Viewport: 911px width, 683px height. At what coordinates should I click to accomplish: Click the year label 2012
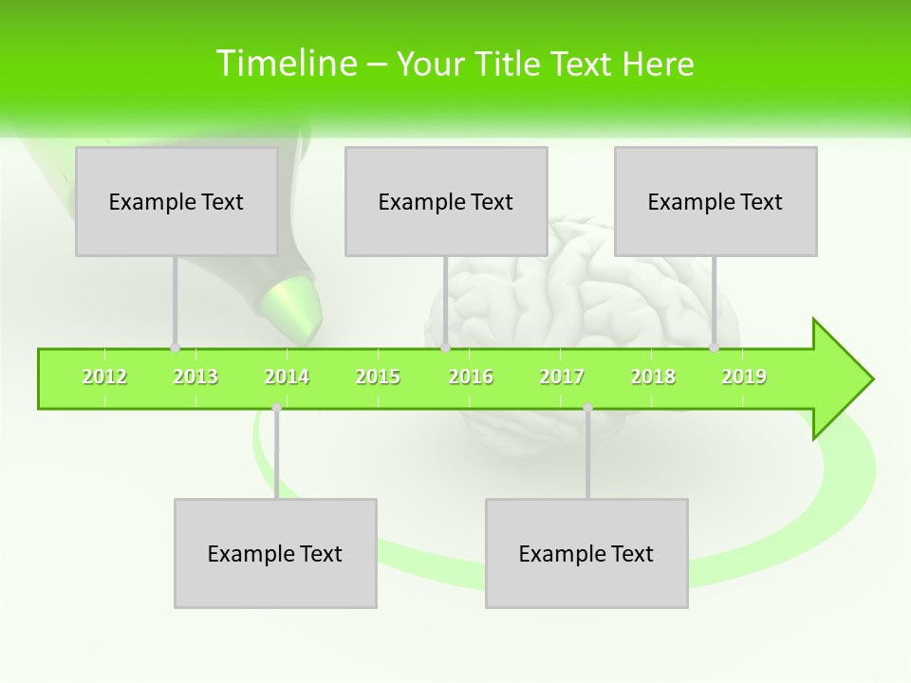104,377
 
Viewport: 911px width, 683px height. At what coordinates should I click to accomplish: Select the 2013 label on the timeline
195,377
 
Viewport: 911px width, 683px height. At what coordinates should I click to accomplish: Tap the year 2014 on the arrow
287,377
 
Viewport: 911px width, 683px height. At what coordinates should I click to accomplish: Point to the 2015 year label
378,377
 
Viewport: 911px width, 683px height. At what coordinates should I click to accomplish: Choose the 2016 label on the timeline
471,377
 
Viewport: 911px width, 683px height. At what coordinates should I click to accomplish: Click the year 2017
562,377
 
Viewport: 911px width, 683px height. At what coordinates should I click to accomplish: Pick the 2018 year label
653,377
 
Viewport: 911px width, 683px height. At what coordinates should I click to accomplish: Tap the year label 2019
744,377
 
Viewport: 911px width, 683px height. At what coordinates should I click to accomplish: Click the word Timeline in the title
285,64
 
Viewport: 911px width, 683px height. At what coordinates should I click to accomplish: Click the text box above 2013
177,201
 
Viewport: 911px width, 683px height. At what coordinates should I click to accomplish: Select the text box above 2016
446,201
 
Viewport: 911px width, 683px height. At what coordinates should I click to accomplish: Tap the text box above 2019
716,201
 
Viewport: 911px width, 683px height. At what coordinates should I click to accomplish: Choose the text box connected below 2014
275,553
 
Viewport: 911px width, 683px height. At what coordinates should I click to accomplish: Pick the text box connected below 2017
586,553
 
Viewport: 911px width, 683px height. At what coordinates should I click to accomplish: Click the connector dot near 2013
175,347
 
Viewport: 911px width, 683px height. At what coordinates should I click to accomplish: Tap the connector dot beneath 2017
587,408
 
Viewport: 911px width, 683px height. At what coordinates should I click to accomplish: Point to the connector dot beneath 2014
276,408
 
